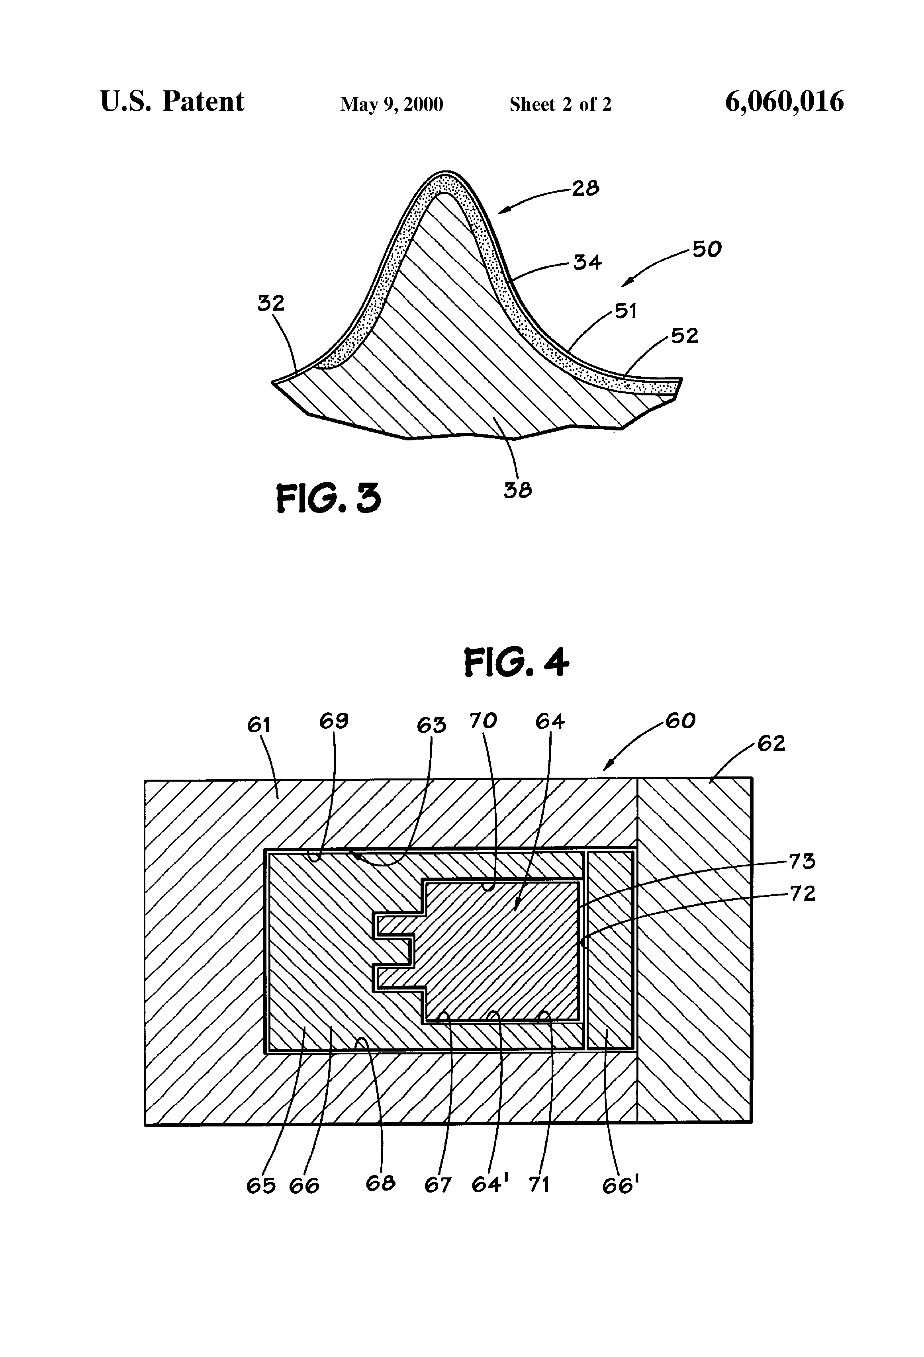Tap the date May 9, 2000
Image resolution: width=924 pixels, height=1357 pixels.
392,104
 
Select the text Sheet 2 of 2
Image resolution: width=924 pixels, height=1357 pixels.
560,104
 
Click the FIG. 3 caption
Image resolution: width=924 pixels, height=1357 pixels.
328,499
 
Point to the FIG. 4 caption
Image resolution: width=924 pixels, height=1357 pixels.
516,663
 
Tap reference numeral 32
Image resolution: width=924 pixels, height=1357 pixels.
271,303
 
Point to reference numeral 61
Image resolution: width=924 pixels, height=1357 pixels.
259,725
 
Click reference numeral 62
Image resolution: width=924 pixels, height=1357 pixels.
771,743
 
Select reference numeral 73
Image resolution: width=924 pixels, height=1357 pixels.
802,861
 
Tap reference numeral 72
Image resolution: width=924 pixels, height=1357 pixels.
802,894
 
